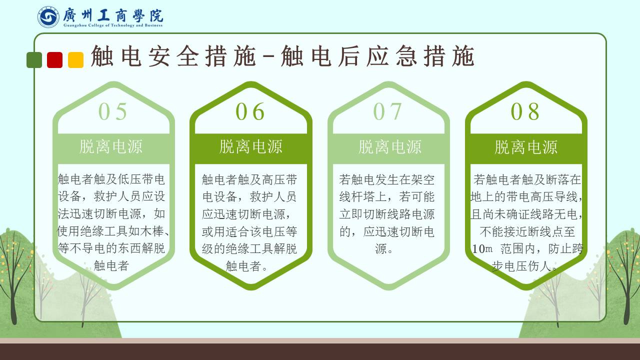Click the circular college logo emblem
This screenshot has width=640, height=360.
pos(48,17)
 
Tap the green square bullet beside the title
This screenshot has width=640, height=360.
pos(34,60)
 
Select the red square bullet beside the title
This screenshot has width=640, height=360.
pos(55,60)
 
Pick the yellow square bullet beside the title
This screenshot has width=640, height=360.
pos(75,60)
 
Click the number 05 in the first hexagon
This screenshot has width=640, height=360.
pos(112,111)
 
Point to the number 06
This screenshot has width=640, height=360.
pos(250,111)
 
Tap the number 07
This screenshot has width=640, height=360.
pos(387,111)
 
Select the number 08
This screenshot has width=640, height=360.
pos(525,111)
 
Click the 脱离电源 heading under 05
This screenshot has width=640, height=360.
pos(111,146)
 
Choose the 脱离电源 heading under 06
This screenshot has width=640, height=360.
pos(251,146)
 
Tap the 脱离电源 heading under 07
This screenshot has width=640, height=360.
pos(390,147)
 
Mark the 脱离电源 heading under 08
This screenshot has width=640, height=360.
pos(526,147)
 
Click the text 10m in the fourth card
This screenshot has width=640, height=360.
pos(482,249)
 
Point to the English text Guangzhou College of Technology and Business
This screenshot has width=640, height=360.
pos(113,25)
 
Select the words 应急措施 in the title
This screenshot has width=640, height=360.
pos(420,56)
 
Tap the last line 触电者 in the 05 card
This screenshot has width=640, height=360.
pos(111,265)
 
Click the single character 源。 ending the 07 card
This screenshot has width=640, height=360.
pos(384,249)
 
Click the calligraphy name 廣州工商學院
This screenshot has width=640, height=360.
pos(113,15)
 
